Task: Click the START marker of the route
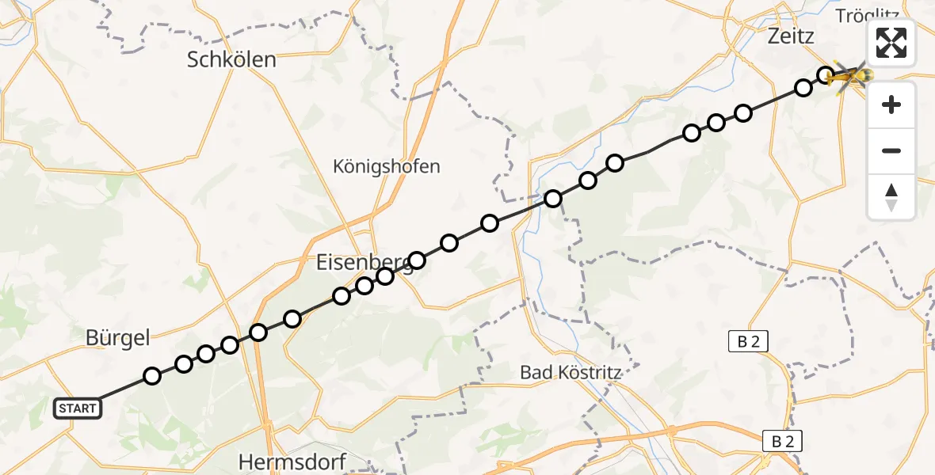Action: click(78, 408)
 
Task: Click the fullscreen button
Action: click(891, 43)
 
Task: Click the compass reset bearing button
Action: click(891, 197)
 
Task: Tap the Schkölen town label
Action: click(231, 59)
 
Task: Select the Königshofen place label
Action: click(386, 166)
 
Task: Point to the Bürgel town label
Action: click(117, 338)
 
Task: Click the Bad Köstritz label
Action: click(570, 371)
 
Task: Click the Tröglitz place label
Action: click(864, 16)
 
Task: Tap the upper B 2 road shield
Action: click(748, 341)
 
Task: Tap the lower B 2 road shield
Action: click(781, 441)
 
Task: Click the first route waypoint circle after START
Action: click(152, 376)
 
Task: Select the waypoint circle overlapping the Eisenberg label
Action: click(416, 260)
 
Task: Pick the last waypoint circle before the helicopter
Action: click(826, 76)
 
